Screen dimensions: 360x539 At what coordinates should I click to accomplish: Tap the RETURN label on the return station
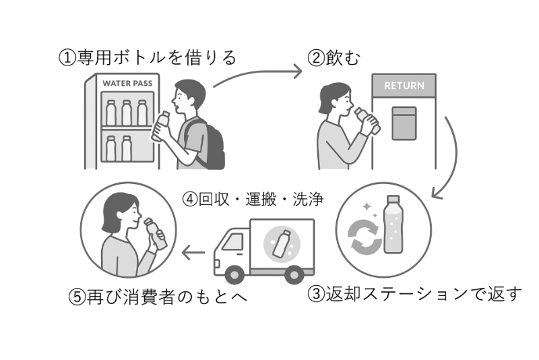[x=404, y=86]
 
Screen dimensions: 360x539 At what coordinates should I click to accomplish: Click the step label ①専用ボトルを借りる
[x=148, y=57]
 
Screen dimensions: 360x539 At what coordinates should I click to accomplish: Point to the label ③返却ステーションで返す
[x=415, y=294]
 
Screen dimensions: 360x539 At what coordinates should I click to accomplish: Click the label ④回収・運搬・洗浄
[x=253, y=200]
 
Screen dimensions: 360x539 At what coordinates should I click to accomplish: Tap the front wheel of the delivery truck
[x=234, y=274]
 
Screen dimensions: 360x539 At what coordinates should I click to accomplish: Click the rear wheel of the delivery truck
[x=293, y=274]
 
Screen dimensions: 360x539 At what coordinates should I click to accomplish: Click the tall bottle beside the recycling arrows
[x=392, y=225]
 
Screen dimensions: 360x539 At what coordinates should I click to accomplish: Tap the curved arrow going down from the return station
[x=447, y=161]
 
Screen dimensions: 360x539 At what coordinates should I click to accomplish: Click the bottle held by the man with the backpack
[x=160, y=127]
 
